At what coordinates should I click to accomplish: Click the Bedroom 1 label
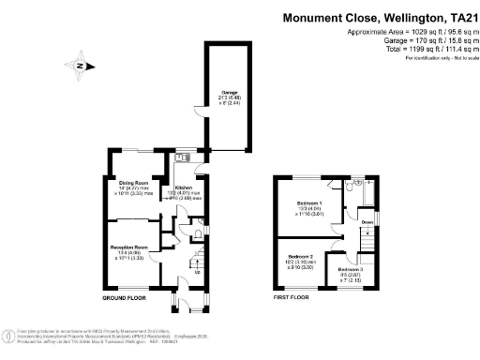point(310,203)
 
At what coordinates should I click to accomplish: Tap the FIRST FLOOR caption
point(292,297)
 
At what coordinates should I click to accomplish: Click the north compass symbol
point(81,66)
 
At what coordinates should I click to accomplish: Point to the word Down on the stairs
point(367,222)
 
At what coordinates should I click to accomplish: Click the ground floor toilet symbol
point(201,232)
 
